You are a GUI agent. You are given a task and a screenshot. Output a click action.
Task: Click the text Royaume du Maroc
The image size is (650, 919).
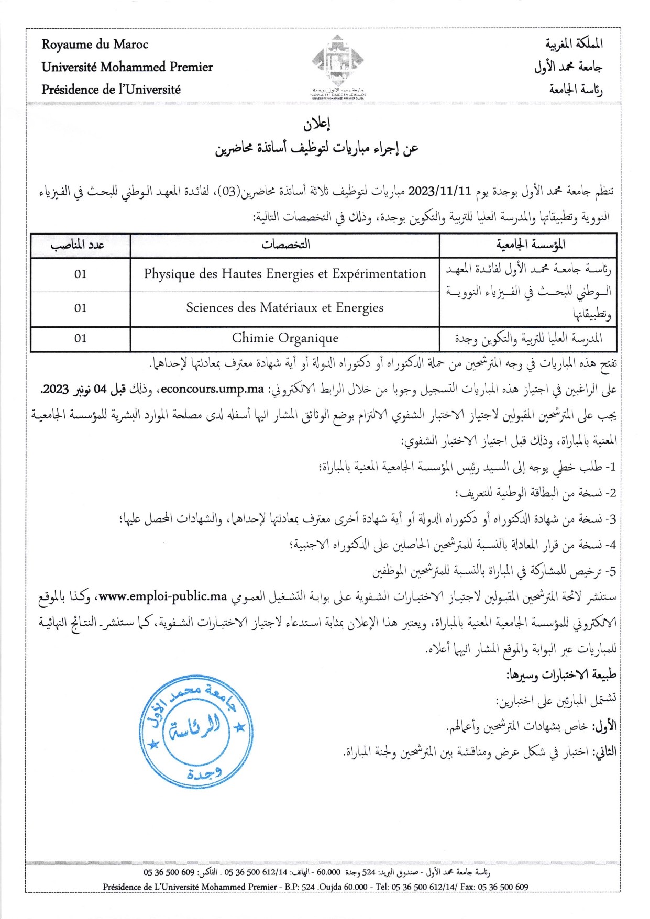point(95,45)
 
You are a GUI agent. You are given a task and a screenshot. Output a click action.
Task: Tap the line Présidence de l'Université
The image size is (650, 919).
point(111,90)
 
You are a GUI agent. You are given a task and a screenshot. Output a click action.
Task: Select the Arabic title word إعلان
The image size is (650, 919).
point(316,124)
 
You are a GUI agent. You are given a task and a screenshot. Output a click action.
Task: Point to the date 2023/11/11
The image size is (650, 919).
point(439,191)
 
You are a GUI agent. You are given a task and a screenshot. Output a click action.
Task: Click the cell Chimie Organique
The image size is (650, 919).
point(285,338)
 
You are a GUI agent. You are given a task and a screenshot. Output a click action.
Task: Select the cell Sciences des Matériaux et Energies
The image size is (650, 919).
point(285,308)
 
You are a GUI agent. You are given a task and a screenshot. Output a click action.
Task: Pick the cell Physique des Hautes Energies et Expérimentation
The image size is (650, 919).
point(285,274)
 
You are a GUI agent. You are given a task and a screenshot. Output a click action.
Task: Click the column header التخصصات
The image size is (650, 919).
point(285,245)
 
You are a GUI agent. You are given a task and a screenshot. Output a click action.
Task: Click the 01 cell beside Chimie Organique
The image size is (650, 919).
point(80,338)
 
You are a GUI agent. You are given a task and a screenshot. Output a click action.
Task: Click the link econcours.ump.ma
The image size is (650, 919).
point(212,389)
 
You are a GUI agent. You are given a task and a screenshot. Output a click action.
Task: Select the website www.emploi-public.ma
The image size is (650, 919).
point(163,596)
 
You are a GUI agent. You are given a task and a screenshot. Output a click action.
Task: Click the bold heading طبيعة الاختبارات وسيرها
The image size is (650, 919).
point(561,674)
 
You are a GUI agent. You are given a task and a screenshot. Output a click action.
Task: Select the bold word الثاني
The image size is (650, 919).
point(604,752)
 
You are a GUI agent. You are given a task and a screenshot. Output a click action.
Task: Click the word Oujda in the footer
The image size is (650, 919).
point(330,887)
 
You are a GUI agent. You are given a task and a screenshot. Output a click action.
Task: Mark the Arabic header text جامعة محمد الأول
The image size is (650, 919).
point(568,67)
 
